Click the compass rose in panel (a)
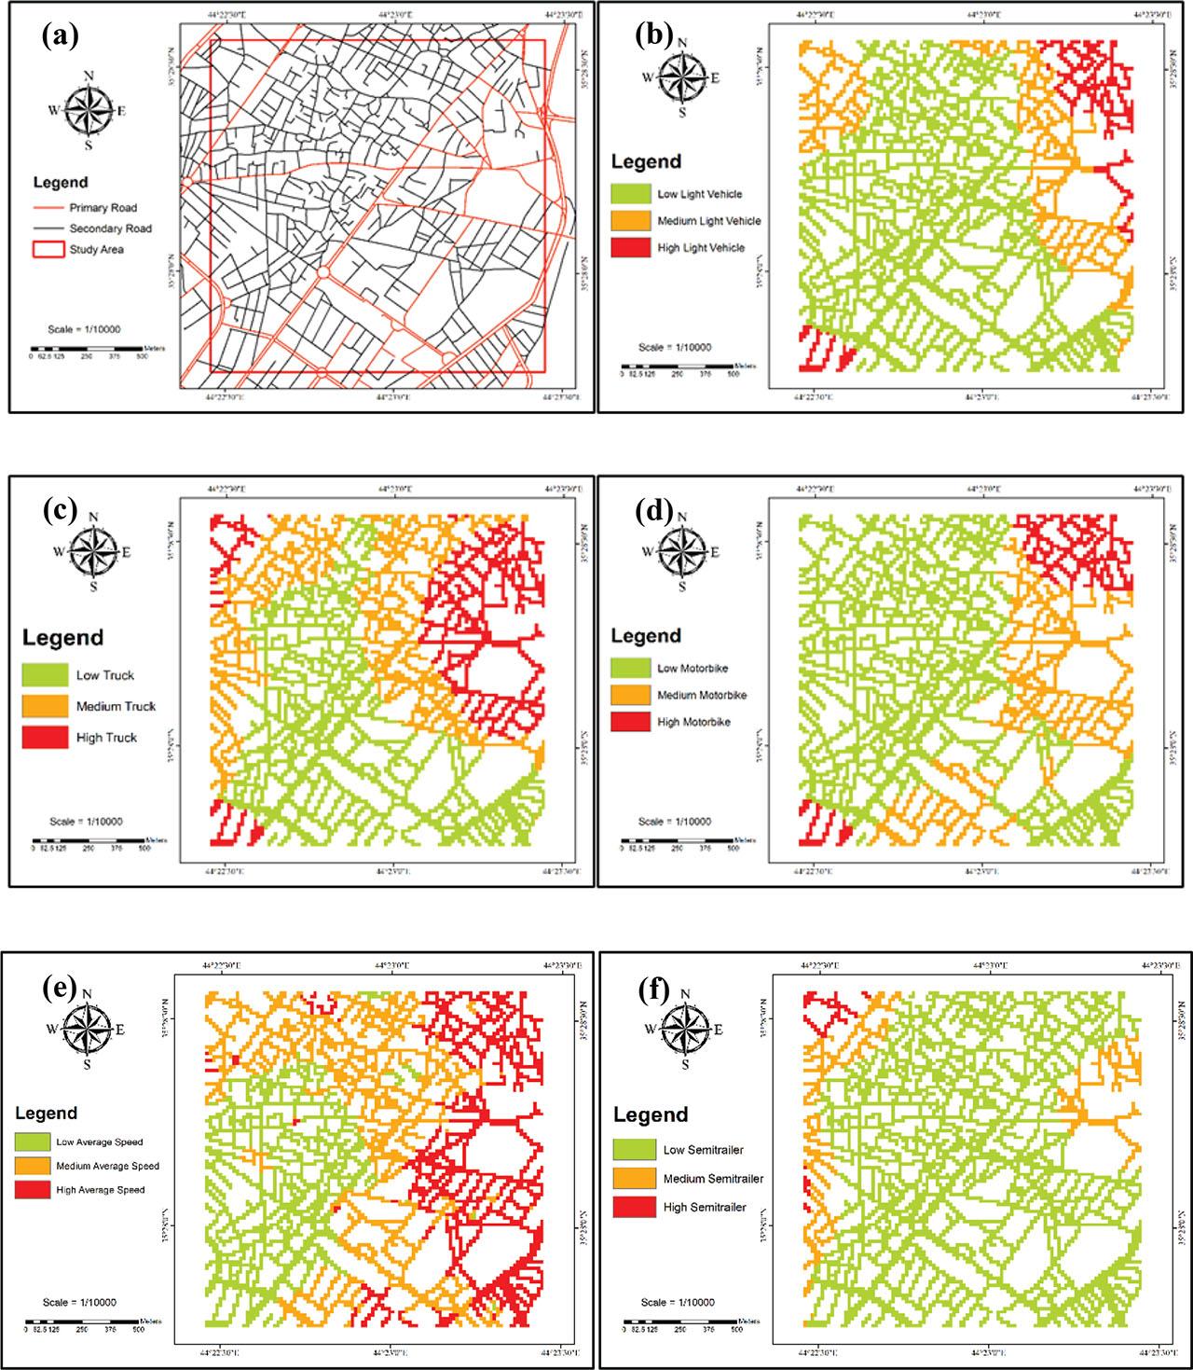coord(89,110)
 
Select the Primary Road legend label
coord(103,208)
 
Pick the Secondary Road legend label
coord(110,228)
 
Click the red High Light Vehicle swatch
coord(630,248)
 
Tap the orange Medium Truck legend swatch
coord(46,706)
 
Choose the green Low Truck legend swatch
coord(46,675)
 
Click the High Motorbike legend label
coord(694,722)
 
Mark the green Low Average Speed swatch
coord(32,1142)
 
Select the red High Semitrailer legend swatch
coord(632,1207)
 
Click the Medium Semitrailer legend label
coord(713,1179)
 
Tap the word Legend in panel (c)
coord(62,639)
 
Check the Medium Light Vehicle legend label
coord(708,221)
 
